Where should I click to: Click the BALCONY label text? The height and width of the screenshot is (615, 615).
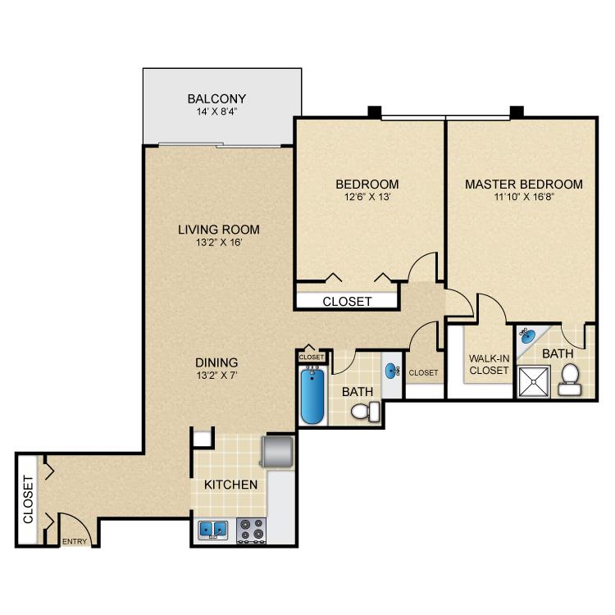tap(216, 99)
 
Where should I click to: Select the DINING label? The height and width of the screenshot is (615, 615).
tap(216, 362)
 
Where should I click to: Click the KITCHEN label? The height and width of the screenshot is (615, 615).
tap(231, 485)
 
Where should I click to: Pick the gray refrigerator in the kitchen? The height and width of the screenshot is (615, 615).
tap(276, 452)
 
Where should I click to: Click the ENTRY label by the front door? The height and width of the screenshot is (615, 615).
tap(75, 541)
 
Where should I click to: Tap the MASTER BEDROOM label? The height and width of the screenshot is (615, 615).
tap(524, 184)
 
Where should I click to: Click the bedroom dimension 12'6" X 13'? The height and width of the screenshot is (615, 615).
tap(367, 197)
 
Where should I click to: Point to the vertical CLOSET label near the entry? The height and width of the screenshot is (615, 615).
tap(27, 501)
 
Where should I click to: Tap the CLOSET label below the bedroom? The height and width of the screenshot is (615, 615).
tap(347, 301)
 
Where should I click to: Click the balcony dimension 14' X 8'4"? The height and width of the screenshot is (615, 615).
tap(216, 114)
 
